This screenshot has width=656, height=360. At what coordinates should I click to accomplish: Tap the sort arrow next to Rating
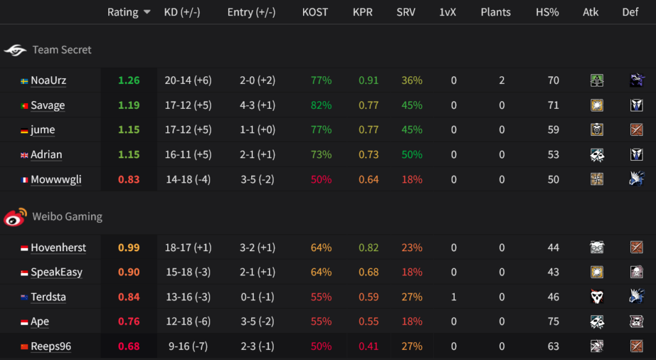coord(147,12)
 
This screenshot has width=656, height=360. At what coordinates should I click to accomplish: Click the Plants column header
coord(495,12)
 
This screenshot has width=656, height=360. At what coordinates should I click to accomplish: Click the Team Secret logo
coord(15,50)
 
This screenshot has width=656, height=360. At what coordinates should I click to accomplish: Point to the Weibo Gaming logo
coord(15,217)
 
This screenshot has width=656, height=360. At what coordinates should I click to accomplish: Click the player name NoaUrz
coord(48,81)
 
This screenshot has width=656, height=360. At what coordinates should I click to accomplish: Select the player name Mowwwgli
coord(56,179)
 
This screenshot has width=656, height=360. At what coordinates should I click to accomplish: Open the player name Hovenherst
coord(58,248)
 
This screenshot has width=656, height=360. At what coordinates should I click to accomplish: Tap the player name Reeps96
coord(51,347)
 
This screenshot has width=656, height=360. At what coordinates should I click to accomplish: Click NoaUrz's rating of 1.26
coord(129,81)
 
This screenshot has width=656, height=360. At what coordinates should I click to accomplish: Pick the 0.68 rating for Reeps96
coord(129,347)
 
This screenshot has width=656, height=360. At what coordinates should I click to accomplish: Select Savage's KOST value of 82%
coord(321,105)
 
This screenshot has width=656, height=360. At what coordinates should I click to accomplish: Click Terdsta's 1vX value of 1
coord(454,297)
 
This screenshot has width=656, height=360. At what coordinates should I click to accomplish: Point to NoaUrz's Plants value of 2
coord(502,81)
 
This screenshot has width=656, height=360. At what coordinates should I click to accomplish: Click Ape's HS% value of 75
coord(553,322)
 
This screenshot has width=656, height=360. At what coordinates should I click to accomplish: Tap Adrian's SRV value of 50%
coord(412,154)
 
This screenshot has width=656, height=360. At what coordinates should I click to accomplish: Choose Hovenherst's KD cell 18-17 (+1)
coord(188,248)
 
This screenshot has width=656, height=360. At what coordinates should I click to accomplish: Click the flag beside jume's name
coord(24,130)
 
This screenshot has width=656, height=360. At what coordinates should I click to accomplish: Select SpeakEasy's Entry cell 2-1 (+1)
coord(250,272)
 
